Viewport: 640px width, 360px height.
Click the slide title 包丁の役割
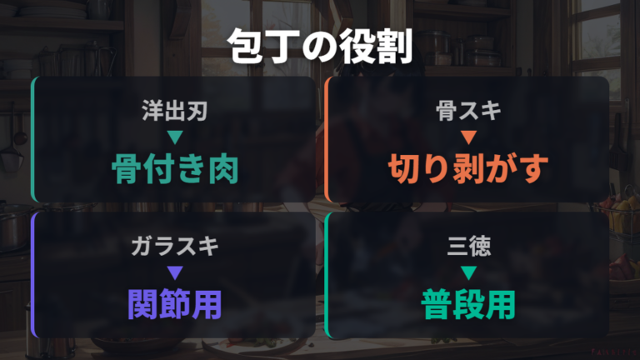320,46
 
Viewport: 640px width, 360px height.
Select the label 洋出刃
175,111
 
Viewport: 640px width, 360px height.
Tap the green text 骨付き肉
175,169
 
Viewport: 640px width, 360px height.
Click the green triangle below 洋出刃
175,137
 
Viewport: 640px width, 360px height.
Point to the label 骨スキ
468,111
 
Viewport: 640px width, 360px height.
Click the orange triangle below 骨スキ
468,137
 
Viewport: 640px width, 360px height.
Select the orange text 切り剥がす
468,169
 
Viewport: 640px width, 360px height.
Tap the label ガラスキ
175,247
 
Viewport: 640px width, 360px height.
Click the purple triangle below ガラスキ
175,273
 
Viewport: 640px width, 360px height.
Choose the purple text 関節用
175,304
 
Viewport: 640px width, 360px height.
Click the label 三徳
468,247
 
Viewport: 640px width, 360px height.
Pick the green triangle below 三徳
468,273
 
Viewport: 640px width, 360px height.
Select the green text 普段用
468,304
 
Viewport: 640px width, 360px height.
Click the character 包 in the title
245,46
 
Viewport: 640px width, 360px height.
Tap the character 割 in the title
395,46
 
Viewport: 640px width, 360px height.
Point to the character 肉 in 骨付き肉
223,169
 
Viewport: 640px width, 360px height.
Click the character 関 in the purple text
142,304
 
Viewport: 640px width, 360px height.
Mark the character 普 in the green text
437,304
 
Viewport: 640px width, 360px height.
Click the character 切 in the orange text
403,169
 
